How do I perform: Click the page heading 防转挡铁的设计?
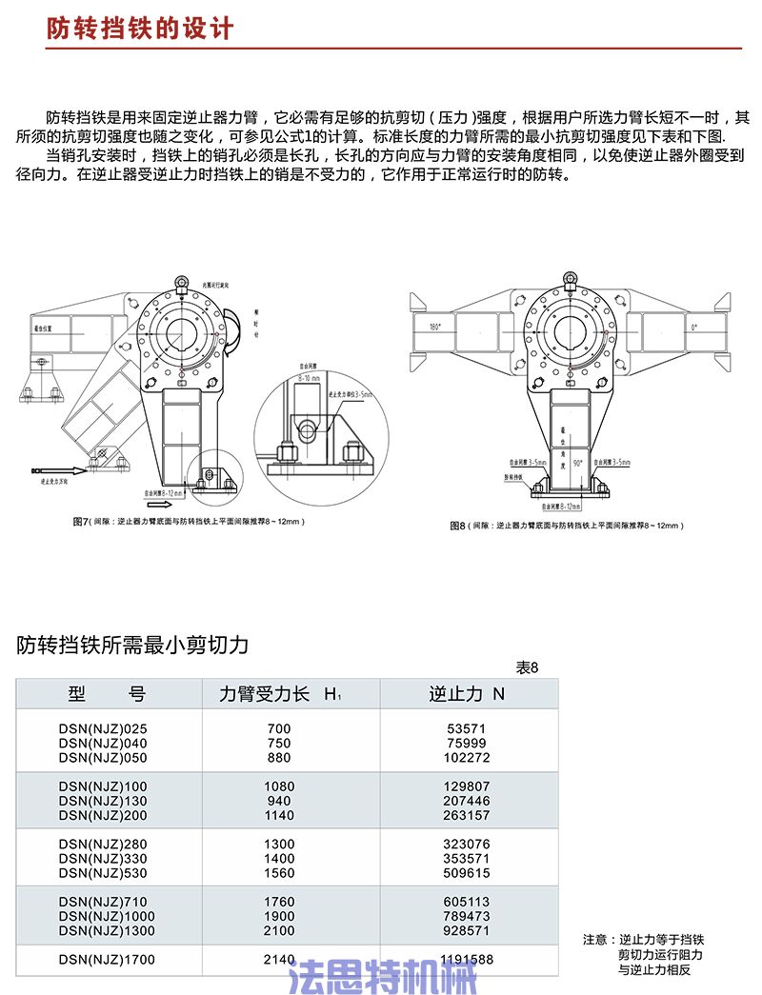pos(140,29)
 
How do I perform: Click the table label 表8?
pos(527,667)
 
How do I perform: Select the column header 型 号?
pos(106,694)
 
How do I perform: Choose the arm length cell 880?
pos(279,757)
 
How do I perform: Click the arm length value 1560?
pos(279,872)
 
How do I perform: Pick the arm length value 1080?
pos(279,786)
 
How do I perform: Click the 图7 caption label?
pos(80,523)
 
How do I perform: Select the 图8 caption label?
pos(457,526)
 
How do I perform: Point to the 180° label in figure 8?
pos(436,327)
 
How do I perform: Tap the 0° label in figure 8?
pos(692,327)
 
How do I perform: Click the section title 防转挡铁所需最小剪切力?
pos(132,646)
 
